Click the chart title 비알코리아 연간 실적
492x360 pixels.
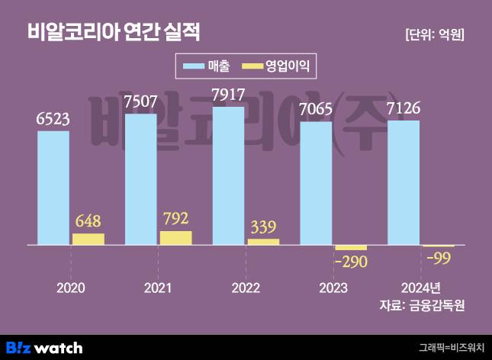click(x=114, y=32)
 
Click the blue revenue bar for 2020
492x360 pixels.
click(x=53, y=188)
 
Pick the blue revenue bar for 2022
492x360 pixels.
click(x=229, y=175)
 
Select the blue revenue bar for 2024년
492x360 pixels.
click(x=404, y=182)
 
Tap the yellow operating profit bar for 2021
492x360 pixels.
click(x=175, y=237)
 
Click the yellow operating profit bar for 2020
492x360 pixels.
click(x=88, y=239)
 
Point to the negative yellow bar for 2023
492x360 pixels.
click(x=351, y=248)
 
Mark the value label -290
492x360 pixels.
click(x=351, y=262)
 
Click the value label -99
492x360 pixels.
click(x=438, y=259)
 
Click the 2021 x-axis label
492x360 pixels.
click(x=157, y=288)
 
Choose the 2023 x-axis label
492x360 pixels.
click(x=332, y=288)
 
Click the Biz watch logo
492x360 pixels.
click(x=45, y=348)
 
